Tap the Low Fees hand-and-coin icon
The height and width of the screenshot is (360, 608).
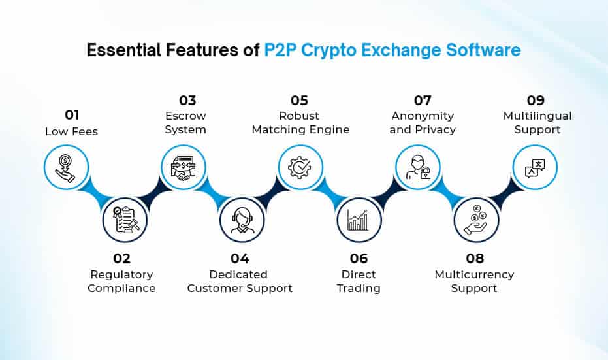pyautogui.click(x=66, y=167)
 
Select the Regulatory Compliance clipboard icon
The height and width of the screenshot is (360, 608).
pyautogui.click(x=125, y=220)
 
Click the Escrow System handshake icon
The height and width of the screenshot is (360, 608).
pyautogui.click(x=184, y=167)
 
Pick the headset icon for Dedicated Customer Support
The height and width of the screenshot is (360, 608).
pyautogui.click(x=242, y=220)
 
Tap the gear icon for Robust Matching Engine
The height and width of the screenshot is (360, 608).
pyautogui.click(x=300, y=167)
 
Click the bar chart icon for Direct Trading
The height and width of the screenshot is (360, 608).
pyautogui.click(x=359, y=220)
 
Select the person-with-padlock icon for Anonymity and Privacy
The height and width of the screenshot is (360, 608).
pyautogui.click(x=417, y=167)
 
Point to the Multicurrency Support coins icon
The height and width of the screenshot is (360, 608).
pyautogui.click(x=475, y=220)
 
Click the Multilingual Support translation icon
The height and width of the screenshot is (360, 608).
pyautogui.click(x=534, y=167)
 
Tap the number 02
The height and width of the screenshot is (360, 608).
pyautogui.click(x=121, y=258)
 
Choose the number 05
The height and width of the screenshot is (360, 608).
pyautogui.click(x=299, y=100)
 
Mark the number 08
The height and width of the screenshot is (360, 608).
pyautogui.click(x=474, y=258)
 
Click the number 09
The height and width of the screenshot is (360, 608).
pyautogui.click(x=536, y=100)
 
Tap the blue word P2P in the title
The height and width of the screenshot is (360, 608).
pyautogui.click(x=281, y=50)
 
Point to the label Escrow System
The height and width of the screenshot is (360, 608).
pyautogui.click(x=185, y=122)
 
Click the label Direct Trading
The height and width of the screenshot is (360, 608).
pyautogui.click(x=359, y=281)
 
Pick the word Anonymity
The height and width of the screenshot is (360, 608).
pyautogui.click(x=423, y=116)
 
